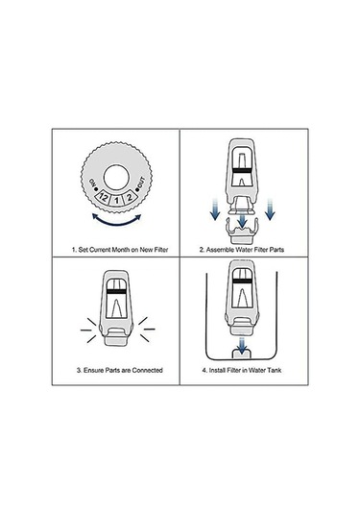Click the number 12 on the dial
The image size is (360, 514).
(103, 197)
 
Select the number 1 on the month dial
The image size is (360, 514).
(116, 200)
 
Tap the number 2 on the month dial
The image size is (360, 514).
(130, 197)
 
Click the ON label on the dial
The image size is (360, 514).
(92, 182)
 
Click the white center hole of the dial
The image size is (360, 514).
(116, 178)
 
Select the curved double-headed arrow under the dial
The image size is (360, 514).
(116, 220)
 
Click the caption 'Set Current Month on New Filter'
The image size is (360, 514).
(120, 250)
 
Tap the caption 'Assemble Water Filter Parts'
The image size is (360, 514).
(242, 250)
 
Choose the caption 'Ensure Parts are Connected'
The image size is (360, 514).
(120, 370)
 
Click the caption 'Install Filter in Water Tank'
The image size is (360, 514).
(242, 370)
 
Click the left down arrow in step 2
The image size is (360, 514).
(215, 209)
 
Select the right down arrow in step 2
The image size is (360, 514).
(270, 209)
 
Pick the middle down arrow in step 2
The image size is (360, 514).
(242, 219)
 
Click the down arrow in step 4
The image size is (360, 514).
(242, 346)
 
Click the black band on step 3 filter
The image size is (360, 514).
(116, 291)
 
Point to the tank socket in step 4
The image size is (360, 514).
(242, 354)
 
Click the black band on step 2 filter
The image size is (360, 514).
(242, 170)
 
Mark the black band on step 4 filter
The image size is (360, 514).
(241, 281)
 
